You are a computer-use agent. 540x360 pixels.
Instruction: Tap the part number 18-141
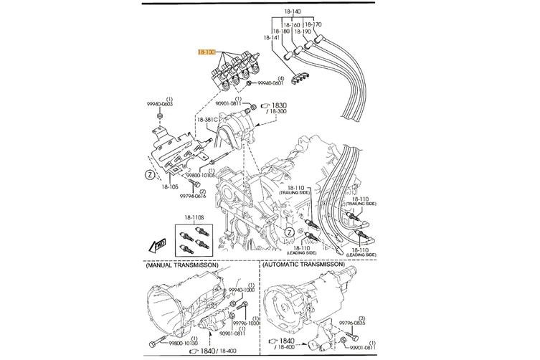(x=271, y=38)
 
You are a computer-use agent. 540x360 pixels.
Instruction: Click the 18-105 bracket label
(x=169, y=187)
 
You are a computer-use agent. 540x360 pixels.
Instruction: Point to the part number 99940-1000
(x=241, y=290)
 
